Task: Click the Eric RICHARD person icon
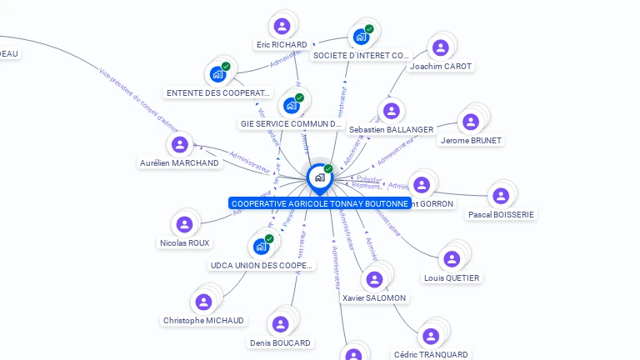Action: (x=282, y=26)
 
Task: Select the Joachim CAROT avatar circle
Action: (x=441, y=47)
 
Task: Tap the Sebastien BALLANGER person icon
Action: (x=391, y=111)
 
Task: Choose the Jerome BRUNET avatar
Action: (x=471, y=122)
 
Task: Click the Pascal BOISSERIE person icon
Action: (x=500, y=196)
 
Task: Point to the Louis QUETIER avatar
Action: (x=452, y=259)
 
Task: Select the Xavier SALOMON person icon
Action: (x=374, y=279)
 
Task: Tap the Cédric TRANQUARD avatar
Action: (x=431, y=336)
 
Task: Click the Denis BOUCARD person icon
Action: (x=280, y=324)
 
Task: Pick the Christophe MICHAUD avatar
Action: (x=203, y=302)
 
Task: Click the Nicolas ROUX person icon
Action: (x=184, y=224)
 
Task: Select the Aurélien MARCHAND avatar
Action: (x=179, y=144)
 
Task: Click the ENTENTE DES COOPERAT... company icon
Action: (x=218, y=74)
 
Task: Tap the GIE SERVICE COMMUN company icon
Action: (x=292, y=105)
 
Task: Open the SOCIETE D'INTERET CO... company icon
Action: (x=361, y=37)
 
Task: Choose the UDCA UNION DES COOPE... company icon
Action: (x=261, y=247)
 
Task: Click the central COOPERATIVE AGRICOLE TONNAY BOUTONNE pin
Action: (x=319, y=177)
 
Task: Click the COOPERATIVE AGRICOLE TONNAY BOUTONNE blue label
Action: (x=320, y=203)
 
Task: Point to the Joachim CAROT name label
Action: (x=441, y=67)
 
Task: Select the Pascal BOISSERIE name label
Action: (x=502, y=214)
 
